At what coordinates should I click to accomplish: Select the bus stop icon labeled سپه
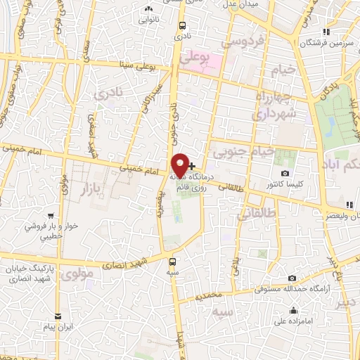[x=173, y=258]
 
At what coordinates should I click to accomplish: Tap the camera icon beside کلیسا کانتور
[x=285, y=174]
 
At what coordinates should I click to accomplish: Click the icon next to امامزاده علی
[x=292, y=311]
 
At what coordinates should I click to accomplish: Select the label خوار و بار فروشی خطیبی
[x=49, y=231]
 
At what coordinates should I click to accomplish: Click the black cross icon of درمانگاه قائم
[x=192, y=166]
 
